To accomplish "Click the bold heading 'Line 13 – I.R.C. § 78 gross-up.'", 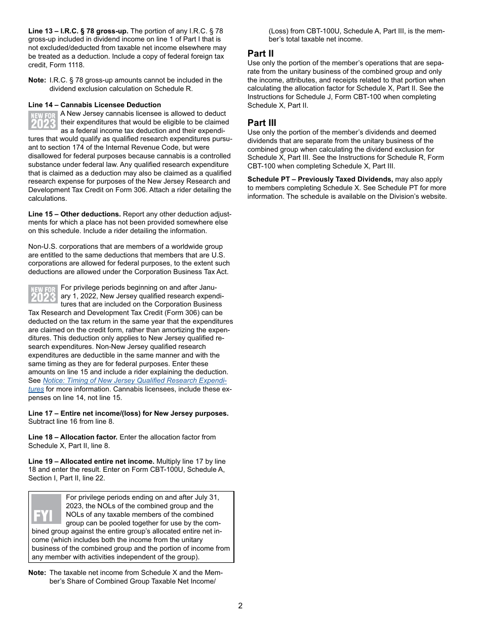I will (x=78, y=31).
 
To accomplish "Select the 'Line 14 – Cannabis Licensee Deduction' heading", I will (x=95, y=105).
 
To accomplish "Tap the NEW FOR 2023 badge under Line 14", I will (x=44, y=121).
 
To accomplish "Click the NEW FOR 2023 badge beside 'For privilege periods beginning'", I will (x=44, y=294).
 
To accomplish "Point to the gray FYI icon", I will (x=46, y=509).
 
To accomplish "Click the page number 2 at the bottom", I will (x=240, y=606).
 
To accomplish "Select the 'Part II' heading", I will (x=261, y=54).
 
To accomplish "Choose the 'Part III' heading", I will (x=262, y=123).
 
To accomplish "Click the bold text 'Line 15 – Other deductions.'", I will (x=74, y=214).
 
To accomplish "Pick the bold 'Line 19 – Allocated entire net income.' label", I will (x=91, y=461).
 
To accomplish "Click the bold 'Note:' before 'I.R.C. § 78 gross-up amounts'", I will (x=37, y=80).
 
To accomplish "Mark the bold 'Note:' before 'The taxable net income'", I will (x=37, y=573).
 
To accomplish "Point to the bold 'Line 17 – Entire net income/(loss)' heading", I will (x=128, y=413).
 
